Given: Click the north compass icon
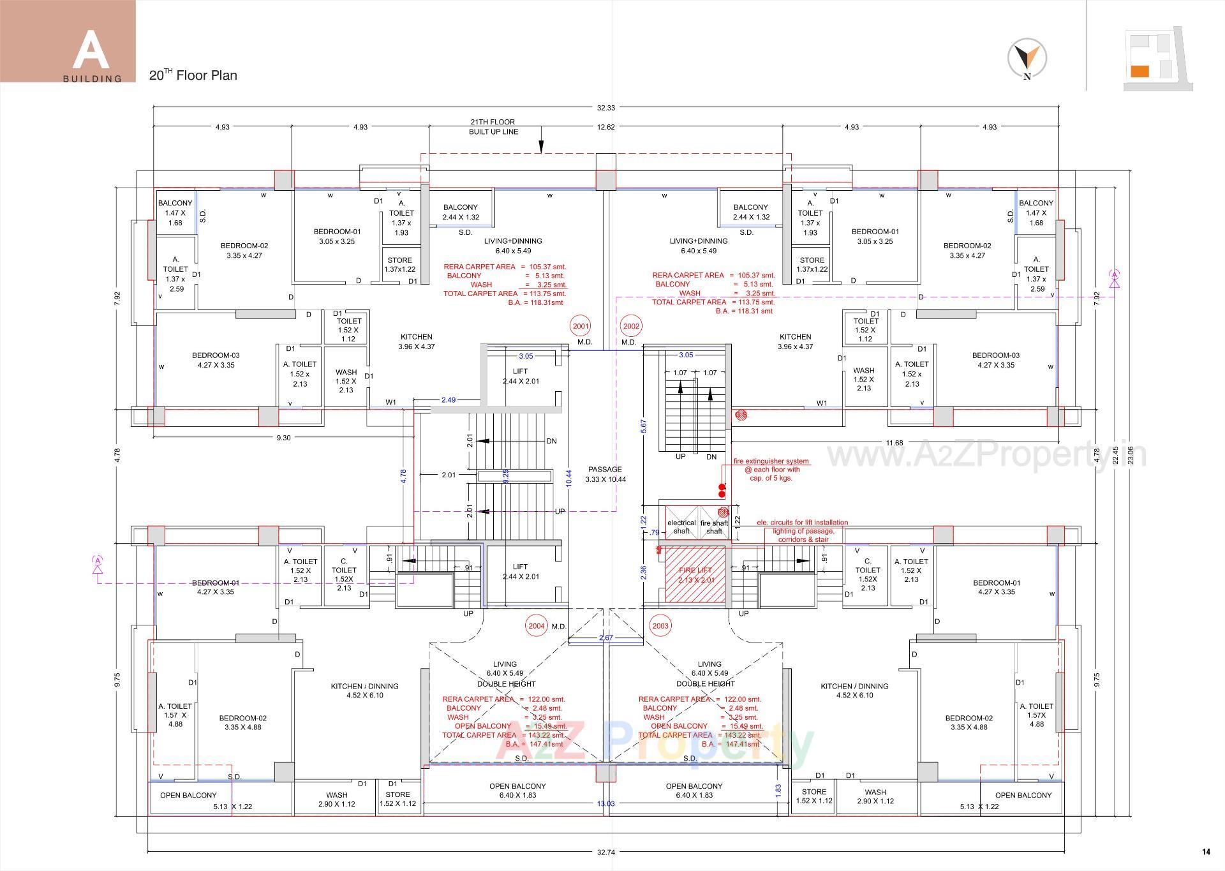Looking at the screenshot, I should pyautogui.click(x=1027, y=58).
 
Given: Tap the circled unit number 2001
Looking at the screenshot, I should pyautogui.click(x=581, y=326).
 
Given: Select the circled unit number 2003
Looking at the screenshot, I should pyautogui.click(x=660, y=625).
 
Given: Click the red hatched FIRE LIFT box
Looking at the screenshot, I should pyautogui.click(x=695, y=574).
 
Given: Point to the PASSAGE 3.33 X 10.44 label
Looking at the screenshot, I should pyautogui.click(x=605, y=474).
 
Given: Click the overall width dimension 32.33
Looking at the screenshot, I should pyautogui.click(x=606, y=108).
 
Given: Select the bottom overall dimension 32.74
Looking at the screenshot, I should pyautogui.click(x=606, y=852).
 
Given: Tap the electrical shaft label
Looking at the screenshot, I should pyautogui.click(x=681, y=526).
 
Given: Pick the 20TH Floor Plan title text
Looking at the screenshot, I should pyautogui.click(x=193, y=75).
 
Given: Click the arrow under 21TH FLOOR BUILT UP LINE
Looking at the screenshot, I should pyautogui.click(x=541, y=146).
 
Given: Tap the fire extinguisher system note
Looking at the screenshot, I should pyautogui.click(x=771, y=470).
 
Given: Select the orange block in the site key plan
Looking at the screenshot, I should pyautogui.click(x=1140, y=71).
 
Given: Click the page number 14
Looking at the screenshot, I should pyautogui.click(x=1206, y=852).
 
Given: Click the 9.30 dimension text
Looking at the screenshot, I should pyautogui.click(x=283, y=438).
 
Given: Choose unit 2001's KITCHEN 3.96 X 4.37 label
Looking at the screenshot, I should pyautogui.click(x=417, y=341).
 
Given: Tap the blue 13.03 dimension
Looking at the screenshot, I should pyautogui.click(x=605, y=803).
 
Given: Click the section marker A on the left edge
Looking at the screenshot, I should pyautogui.click(x=98, y=561).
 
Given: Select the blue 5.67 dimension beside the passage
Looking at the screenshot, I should pyautogui.click(x=643, y=426).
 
